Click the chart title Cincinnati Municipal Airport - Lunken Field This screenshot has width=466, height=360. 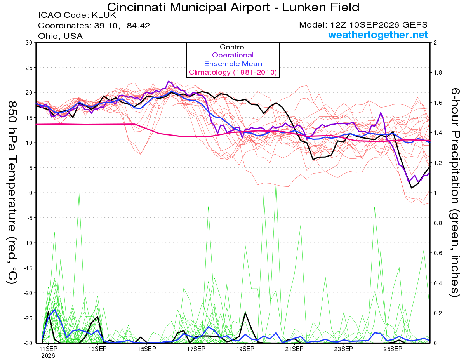pos(233,7)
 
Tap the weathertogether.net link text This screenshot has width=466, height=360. pos(378,35)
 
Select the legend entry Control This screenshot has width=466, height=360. pos(233,47)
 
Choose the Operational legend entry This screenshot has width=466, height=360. pos(233,55)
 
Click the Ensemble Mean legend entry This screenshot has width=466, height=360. pos(233,64)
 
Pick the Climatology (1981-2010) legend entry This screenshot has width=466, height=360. pos(233,72)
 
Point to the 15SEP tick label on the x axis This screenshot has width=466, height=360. pos(147,349)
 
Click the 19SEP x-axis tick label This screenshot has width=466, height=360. pos(245,349)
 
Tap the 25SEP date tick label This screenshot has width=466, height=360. pos(393,349)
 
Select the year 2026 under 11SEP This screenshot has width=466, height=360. pos(48,356)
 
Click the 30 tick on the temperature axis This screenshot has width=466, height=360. pos(29,43)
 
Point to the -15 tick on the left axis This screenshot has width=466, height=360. pos(28,268)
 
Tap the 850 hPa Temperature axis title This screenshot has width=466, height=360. pos(12,193)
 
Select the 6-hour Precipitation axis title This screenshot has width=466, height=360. pos(455,192)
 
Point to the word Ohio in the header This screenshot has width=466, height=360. pos(48,36)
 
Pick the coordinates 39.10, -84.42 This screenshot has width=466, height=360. pos(122,26)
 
